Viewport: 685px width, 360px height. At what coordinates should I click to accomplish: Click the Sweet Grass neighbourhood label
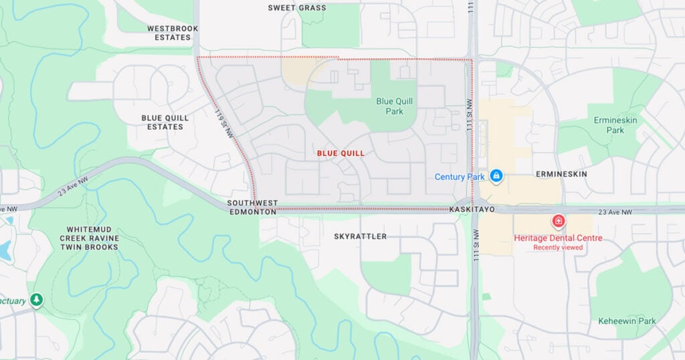point(297,8)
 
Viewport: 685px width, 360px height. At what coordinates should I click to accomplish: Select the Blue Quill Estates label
point(165,122)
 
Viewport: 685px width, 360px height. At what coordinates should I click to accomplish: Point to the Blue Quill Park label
point(394,106)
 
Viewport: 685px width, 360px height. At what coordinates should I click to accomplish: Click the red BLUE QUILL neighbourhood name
point(340,153)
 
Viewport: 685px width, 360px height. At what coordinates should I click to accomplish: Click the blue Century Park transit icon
point(496,176)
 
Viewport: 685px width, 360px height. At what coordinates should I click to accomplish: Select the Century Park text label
point(459,177)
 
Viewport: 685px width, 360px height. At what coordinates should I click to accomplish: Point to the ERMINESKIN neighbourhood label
point(561,174)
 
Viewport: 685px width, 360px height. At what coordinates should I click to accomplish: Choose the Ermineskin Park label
point(609,125)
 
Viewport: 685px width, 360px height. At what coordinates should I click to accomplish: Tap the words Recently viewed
point(558,248)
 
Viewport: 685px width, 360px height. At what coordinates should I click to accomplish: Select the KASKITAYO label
point(472,209)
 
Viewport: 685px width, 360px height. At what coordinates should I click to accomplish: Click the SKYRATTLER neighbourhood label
point(360,236)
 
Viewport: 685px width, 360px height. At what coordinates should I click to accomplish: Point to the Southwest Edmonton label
point(252,207)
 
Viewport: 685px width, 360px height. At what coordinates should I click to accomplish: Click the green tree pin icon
point(36,300)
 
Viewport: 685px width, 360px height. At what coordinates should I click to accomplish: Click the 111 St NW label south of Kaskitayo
point(476,247)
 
